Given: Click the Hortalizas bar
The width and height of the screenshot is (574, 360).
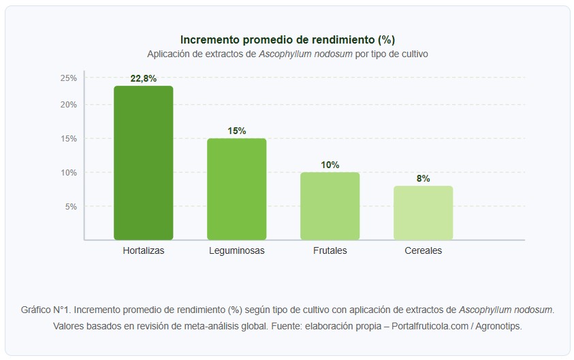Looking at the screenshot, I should [143, 163].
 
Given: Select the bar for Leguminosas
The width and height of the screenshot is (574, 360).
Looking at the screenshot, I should [236, 189].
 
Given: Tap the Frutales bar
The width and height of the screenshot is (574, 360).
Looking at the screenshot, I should [330, 206].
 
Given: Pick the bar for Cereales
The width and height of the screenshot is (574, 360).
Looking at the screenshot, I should [423, 212].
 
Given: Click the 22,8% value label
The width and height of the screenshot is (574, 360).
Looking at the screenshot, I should [143, 78].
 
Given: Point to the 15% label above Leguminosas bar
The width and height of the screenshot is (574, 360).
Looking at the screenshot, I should [236, 131].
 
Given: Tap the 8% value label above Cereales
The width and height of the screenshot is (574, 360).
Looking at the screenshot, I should [423, 178].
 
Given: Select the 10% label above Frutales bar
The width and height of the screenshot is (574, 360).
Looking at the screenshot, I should [330, 165].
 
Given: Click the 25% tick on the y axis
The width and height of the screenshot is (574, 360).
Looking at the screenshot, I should [69, 78].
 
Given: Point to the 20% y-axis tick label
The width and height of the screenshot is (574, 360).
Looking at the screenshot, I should [69, 105].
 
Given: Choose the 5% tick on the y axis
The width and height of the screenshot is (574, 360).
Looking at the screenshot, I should [71, 206].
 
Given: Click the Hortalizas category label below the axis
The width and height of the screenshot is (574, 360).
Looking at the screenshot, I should [143, 250].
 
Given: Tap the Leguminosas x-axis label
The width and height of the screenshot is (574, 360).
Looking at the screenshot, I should [236, 250].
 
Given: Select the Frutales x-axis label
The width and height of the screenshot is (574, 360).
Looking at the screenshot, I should [330, 250].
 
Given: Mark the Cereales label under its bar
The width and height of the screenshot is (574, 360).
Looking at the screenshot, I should [423, 250].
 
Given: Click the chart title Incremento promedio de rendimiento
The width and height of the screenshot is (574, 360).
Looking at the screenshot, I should [287, 39].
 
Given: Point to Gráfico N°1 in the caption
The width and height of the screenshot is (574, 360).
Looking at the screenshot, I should [45, 310].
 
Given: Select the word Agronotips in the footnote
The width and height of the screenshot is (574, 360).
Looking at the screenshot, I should [499, 326].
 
